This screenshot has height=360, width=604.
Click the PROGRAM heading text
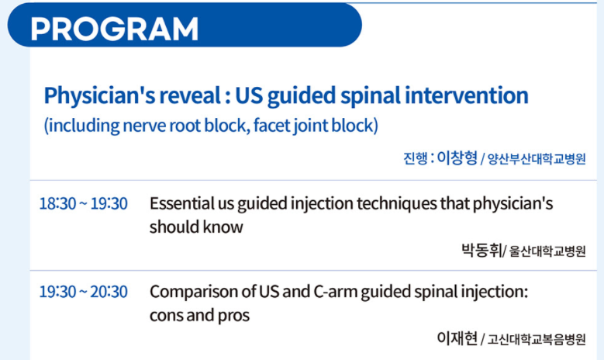pos(115,29)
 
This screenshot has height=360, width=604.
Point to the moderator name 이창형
pos(457,157)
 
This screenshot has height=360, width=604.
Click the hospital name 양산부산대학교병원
pos(537,159)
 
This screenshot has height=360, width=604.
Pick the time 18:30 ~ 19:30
pos(83,203)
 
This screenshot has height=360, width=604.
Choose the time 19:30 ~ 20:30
pos(83,292)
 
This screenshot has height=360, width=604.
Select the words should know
pos(196,227)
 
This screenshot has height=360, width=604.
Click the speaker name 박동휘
pos(481,250)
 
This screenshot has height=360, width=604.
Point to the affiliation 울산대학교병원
pos(547,251)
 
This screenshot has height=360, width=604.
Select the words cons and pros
pos(199,315)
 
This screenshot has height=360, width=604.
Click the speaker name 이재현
pos(457,338)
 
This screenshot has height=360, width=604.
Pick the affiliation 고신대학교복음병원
pos(537,340)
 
